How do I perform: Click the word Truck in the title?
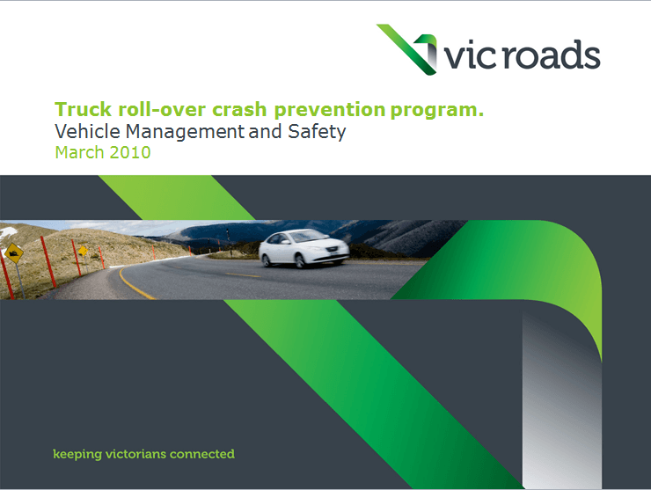pyautogui.click(x=77, y=111)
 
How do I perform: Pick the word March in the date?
pyautogui.click(x=79, y=153)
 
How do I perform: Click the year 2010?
pyautogui.click(x=131, y=153)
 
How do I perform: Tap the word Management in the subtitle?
pyautogui.click(x=184, y=133)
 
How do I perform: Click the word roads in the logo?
pyautogui.click(x=546, y=55)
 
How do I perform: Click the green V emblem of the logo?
pyautogui.click(x=409, y=48)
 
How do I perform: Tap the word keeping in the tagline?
pyautogui.click(x=77, y=455)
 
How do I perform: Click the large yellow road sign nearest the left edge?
pyautogui.click(x=13, y=255)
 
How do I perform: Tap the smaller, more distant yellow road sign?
pyautogui.click(x=82, y=251)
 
